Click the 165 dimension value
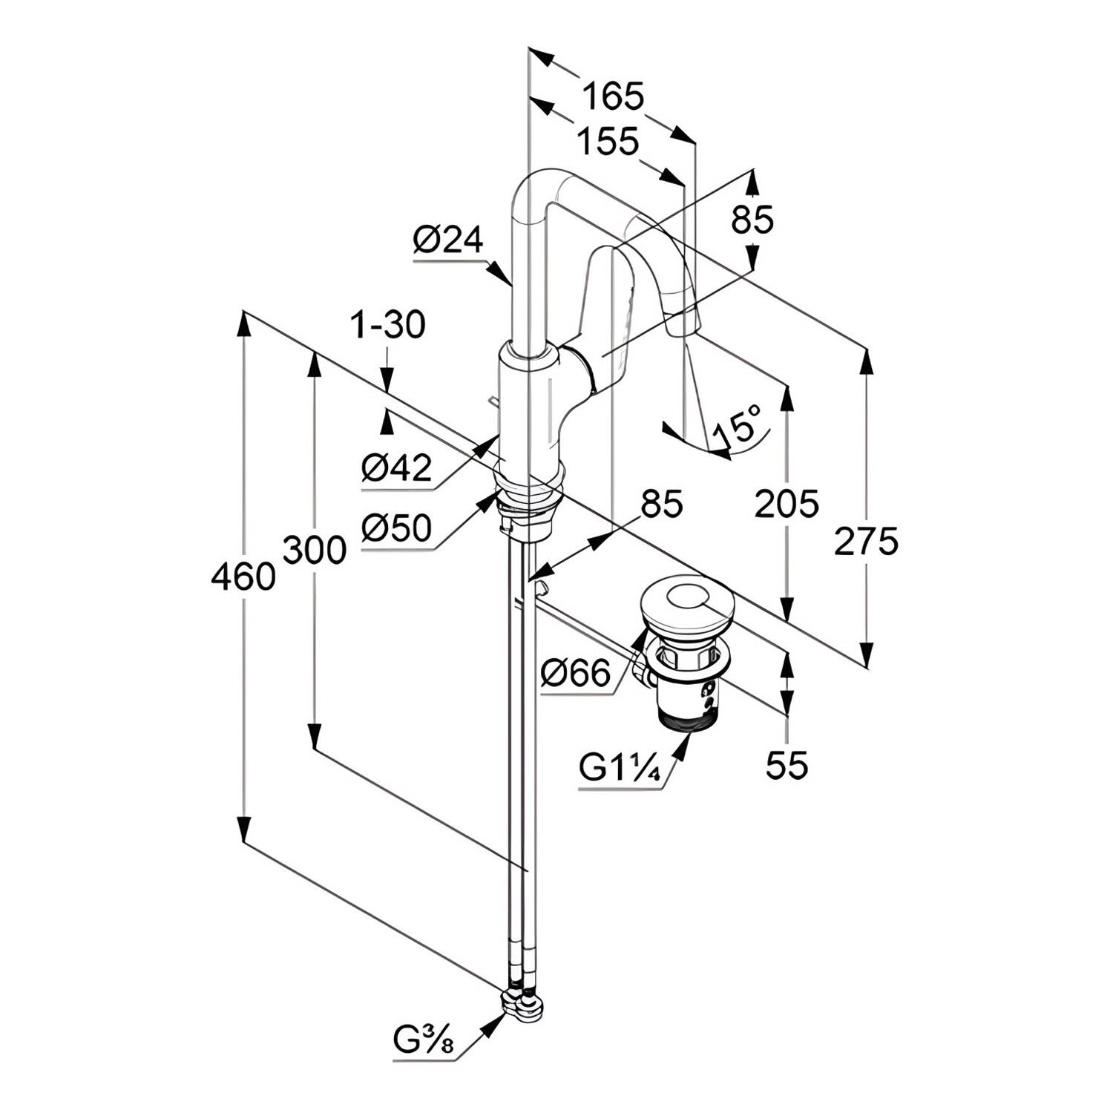[613, 96]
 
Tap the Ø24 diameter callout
[448, 240]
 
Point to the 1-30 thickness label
[388, 325]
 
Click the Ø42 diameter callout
[397, 468]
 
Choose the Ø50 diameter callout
[397, 528]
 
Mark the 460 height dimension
[243, 576]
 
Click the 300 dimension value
[315, 551]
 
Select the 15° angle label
[738, 425]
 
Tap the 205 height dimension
[787, 505]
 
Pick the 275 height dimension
[866, 541]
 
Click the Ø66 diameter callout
[575, 674]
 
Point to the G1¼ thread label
[620, 769]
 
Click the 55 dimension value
[787, 764]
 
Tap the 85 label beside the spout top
[752, 220]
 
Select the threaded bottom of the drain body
[690, 718]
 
